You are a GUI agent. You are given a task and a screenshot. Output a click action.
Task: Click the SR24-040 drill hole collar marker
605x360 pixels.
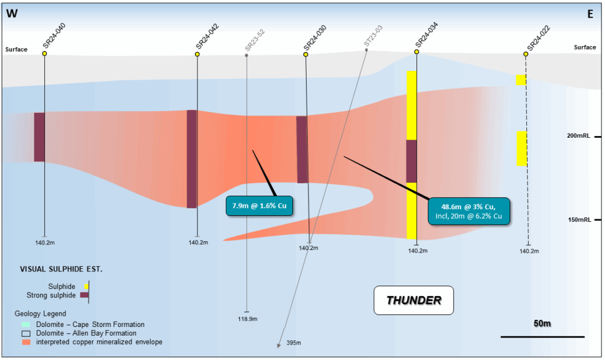pos(44,54)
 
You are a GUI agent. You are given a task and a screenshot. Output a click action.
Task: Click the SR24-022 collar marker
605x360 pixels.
pos(525,54)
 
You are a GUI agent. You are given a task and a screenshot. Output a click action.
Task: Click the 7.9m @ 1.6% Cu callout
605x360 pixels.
pos(259,206)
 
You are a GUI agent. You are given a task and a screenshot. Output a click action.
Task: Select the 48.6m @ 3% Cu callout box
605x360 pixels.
pos(469,210)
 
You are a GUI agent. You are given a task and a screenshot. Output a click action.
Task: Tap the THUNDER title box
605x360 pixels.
pos(413,300)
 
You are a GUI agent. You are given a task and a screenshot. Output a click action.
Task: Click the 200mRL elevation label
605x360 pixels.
pos(579,136)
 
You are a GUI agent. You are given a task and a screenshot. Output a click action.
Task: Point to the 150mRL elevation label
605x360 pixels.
pos(579,219)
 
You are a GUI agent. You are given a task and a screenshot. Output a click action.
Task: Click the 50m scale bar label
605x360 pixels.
pos(542,324)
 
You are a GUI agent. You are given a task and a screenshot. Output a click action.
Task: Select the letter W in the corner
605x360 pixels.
pos(12,14)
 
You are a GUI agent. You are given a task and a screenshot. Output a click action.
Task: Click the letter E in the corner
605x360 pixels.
pos(590,14)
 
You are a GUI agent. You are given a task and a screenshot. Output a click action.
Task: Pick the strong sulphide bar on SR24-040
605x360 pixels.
pos(40,137)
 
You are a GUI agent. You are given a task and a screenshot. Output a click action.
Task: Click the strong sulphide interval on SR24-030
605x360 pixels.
pos(302,149)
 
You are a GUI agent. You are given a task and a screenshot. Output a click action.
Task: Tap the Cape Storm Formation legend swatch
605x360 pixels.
pos(25,325)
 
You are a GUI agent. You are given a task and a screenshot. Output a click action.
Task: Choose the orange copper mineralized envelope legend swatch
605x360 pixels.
pos(25,342)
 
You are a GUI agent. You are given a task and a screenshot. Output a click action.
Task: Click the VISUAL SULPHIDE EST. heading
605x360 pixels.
pos(61,269)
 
